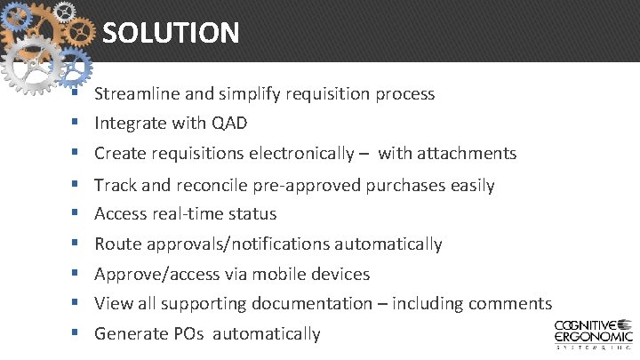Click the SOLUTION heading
tap(171, 34)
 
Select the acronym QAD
tap(229, 123)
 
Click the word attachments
tap(447, 154)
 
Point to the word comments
tap(509, 304)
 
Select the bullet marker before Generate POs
tap(77, 333)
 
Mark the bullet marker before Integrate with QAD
tap(77, 122)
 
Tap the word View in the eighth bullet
tap(112, 304)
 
